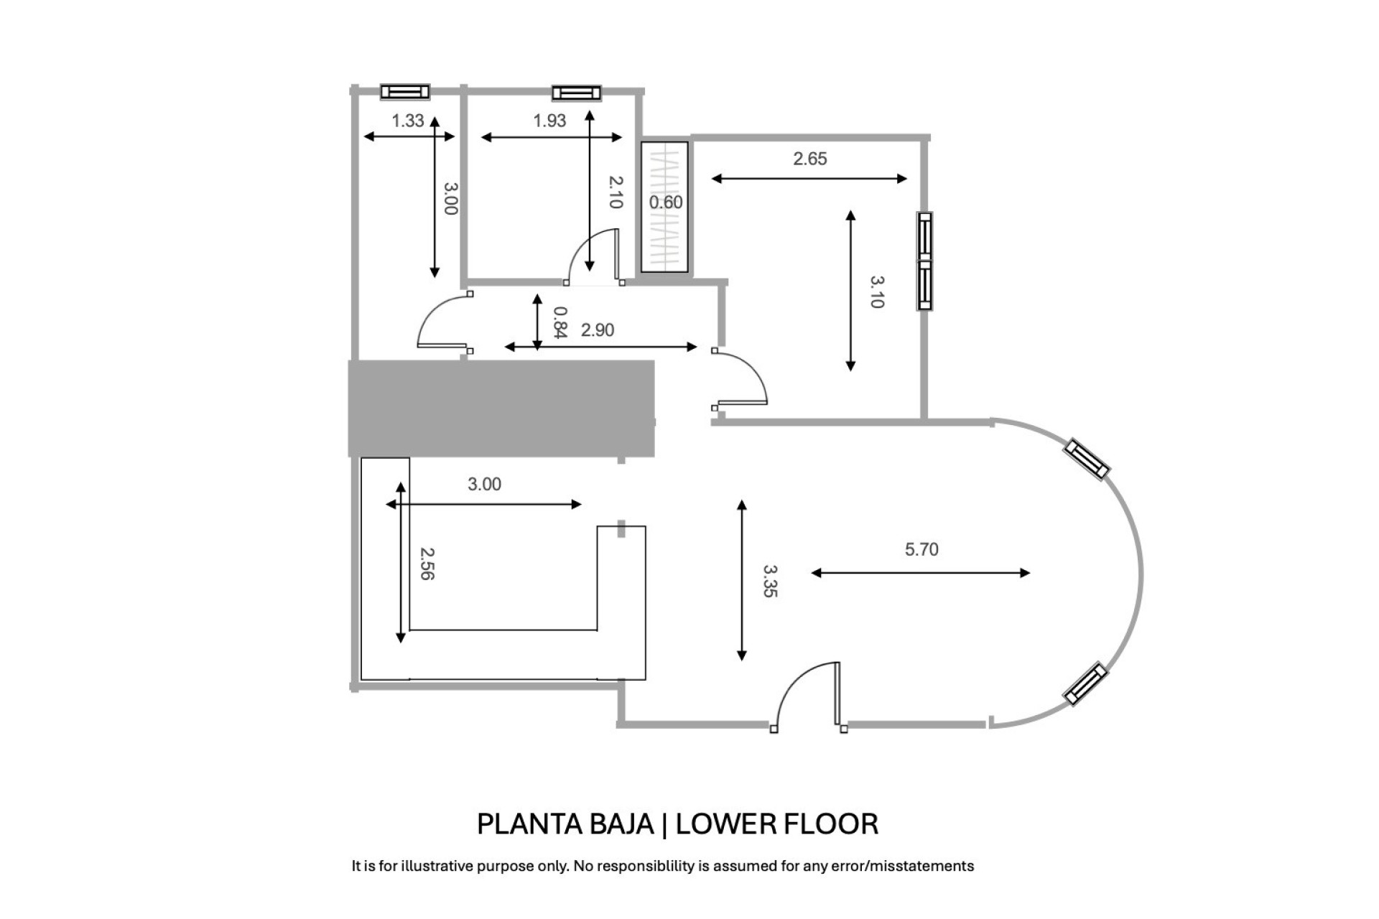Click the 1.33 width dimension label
pyautogui.click(x=408, y=121)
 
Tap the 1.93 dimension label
pyautogui.click(x=549, y=121)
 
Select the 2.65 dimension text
pyautogui.click(x=810, y=159)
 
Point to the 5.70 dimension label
pyautogui.click(x=921, y=549)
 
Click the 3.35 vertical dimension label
pyautogui.click(x=769, y=581)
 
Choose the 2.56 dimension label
pyautogui.click(x=427, y=564)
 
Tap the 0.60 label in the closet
pyautogui.click(x=666, y=202)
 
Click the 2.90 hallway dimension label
pyautogui.click(x=598, y=330)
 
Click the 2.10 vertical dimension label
pyautogui.click(x=615, y=192)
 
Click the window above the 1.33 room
pyautogui.click(x=405, y=91)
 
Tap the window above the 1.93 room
pyautogui.click(x=576, y=92)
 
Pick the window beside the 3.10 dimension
pyautogui.click(x=925, y=261)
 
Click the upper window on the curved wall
pyautogui.click(x=1087, y=459)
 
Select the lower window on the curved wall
pyautogui.click(x=1085, y=684)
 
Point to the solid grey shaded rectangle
pyautogui.click(x=501, y=409)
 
